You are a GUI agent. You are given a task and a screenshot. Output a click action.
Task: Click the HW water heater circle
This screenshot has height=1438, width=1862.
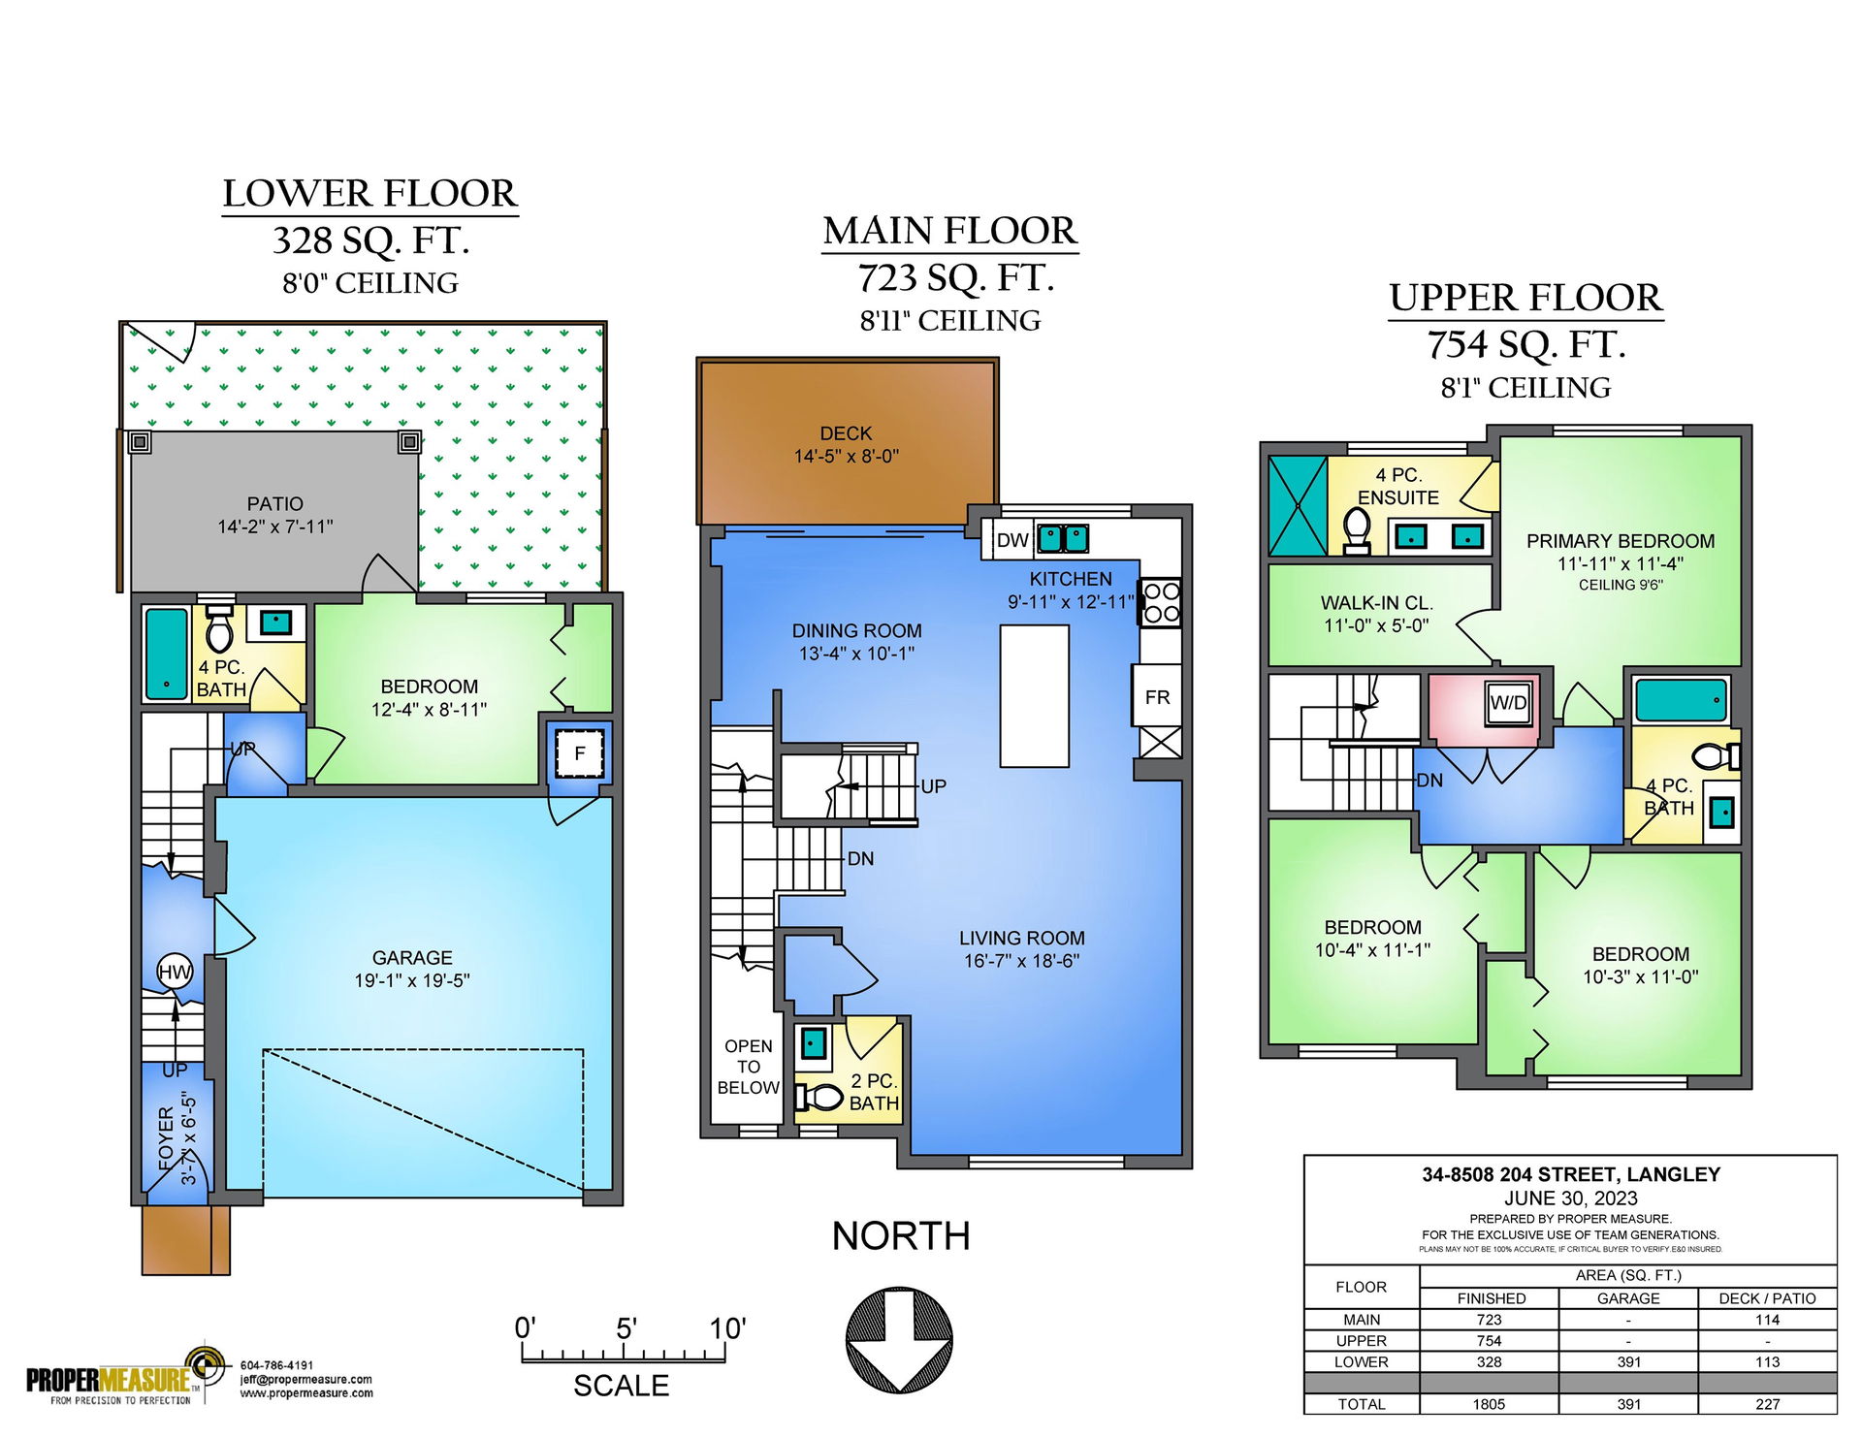175,972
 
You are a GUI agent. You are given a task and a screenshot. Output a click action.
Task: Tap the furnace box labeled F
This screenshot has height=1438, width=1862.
580,753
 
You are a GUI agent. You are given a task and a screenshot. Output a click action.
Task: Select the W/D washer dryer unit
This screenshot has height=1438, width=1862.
1508,703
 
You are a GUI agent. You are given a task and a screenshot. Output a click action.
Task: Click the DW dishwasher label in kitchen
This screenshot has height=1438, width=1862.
1012,540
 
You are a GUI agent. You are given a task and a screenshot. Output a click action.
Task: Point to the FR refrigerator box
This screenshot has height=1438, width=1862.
1157,696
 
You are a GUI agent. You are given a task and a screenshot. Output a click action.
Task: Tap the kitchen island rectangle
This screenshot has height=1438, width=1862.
1035,695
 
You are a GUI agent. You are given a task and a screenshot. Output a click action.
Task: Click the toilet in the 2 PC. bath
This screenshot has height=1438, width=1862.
819,1097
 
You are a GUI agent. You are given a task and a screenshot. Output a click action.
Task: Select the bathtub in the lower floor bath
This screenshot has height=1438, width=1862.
167,654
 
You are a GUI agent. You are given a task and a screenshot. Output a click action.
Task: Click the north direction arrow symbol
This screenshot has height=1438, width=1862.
900,1339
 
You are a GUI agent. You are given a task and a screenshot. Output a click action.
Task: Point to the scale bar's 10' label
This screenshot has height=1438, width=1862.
727,1327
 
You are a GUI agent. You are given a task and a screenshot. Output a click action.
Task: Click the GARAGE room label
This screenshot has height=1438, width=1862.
412,957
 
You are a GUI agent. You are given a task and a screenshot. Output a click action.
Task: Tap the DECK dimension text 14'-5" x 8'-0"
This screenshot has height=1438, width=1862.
847,456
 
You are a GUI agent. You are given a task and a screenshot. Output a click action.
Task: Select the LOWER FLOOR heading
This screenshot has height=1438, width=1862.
369,193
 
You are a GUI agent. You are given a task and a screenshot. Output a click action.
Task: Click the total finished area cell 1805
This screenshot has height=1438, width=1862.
1489,1404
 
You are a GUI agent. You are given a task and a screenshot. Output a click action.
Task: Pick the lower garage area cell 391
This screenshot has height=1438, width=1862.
1628,1361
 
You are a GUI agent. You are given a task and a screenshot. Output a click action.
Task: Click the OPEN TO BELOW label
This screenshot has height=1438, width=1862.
748,1067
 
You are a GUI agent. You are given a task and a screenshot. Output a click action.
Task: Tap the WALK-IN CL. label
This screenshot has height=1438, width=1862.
1377,602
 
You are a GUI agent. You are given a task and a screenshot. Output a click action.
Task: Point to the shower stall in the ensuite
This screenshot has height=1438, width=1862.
1298,506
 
